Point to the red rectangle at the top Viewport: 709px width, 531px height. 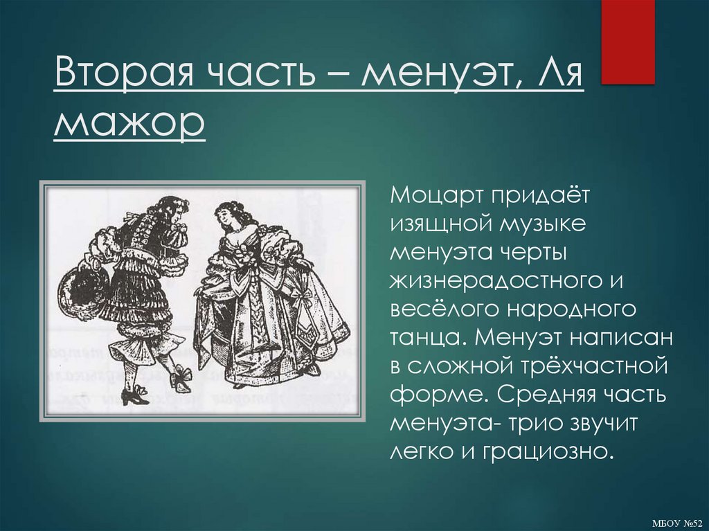pos(627,42)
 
